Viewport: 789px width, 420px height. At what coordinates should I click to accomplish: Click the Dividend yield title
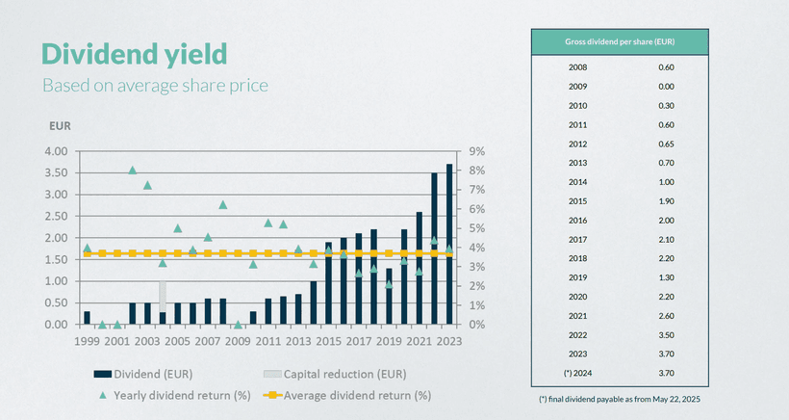[134, 54]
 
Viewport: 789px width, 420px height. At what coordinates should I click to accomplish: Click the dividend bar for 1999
[87, 318]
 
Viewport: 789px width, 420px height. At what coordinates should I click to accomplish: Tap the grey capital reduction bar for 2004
[163, 296]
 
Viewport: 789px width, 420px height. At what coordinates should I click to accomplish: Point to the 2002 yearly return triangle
[133, 170]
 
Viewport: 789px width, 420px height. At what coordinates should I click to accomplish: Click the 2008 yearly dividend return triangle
[222, 204]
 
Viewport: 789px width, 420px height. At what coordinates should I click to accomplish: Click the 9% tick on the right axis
[475, 151]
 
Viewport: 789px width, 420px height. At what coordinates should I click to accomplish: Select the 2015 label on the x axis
[329, 341]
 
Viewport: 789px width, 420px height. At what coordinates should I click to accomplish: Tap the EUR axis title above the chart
[61, 125]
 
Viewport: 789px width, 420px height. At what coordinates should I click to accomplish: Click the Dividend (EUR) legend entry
[153, 374]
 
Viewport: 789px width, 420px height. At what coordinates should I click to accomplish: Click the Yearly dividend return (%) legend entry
[177, 395]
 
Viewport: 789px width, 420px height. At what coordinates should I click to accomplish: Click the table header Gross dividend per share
[620, 41]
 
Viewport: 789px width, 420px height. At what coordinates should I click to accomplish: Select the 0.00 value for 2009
[666, 87]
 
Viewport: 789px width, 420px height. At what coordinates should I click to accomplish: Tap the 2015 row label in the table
[578, 200]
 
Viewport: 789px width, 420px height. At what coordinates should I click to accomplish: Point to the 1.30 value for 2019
[666, 276]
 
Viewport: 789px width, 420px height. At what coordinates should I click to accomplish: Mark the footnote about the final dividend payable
[620, 398]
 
